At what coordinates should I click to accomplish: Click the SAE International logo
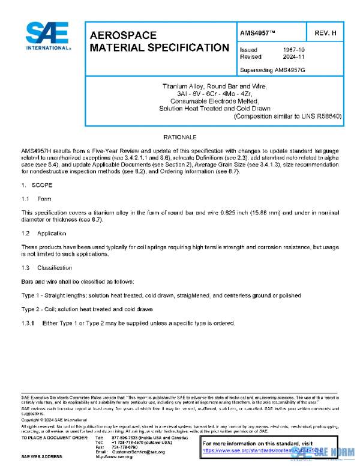coord(48,37)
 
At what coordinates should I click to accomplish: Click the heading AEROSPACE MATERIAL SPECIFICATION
coord(158,41)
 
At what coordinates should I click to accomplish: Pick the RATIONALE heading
coord(180,138)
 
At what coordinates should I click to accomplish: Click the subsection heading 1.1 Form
coord(36,199)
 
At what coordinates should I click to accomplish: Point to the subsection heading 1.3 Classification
coord(46,267)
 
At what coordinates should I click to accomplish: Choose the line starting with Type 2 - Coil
coord(87,309)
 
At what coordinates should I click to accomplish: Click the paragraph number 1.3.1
coord(29,323)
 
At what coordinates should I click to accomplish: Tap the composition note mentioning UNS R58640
coord(287,116)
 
